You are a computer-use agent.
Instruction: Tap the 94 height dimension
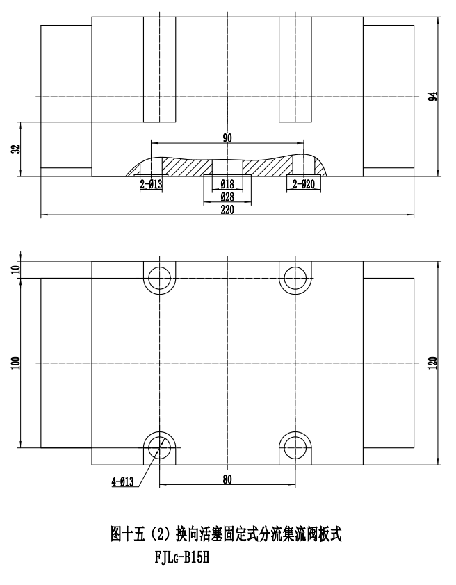coord(432,97)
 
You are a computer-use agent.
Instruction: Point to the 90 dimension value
coord(227,138)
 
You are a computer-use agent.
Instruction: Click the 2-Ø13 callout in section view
coord(151,185)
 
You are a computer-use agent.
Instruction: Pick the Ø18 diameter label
coord(227,185)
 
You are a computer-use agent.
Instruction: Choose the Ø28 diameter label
coord(227,197)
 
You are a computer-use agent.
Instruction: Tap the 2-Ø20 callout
coord(304,185)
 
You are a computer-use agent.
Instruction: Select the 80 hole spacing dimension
coord(227,479)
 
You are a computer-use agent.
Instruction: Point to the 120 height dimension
coord(432,363)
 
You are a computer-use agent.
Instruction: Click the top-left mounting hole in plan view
coord(160,278)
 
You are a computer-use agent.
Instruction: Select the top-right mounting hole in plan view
coord(295,278)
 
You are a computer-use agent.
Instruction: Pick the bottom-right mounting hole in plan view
coord(295,447)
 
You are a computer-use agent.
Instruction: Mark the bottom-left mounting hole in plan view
coord(160,447)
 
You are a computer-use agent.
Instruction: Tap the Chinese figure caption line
coord(227,535)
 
